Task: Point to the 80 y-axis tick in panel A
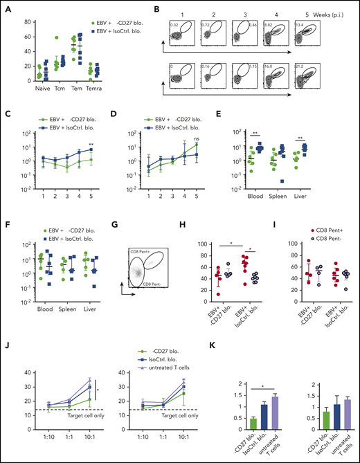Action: pos(23,19)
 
